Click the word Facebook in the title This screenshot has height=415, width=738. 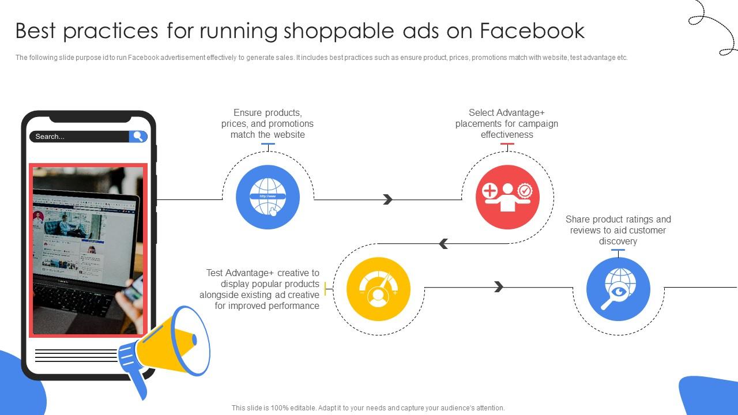532,31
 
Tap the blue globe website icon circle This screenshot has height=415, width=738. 268,197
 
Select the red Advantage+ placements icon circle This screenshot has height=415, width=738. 507,197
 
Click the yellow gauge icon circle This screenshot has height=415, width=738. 378,289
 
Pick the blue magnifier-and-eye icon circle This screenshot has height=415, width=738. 618,289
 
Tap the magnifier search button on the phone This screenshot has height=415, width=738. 138,137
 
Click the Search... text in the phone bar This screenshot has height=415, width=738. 50,137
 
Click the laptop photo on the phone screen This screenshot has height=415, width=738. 88,250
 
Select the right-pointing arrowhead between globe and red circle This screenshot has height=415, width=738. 387,199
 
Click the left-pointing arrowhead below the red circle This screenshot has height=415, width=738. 443,244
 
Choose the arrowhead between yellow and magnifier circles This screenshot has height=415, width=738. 499,287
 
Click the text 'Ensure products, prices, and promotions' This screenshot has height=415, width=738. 268,123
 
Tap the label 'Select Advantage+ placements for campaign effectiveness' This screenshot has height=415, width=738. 507,123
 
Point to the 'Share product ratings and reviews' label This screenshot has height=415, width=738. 618,230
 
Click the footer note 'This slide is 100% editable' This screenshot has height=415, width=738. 368,408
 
